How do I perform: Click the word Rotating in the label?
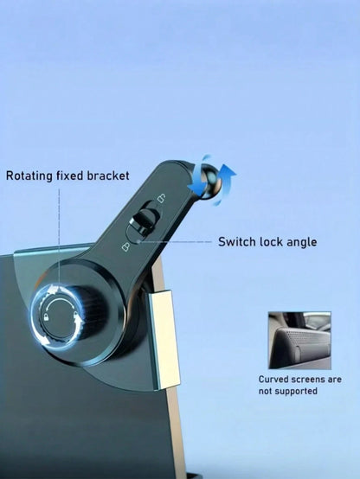point(29,176)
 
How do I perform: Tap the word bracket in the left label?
point(108,176)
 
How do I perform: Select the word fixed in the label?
point(70,176)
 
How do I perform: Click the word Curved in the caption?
point(273,380)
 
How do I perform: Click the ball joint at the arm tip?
point(206,181)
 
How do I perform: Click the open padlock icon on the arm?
point(161,198)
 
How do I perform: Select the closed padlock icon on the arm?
point(125,246)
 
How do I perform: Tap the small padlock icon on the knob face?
point(47,317)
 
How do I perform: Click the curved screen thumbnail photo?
point(299,341)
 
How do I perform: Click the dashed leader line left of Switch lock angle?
point(175,242)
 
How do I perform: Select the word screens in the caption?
point(308,380)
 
